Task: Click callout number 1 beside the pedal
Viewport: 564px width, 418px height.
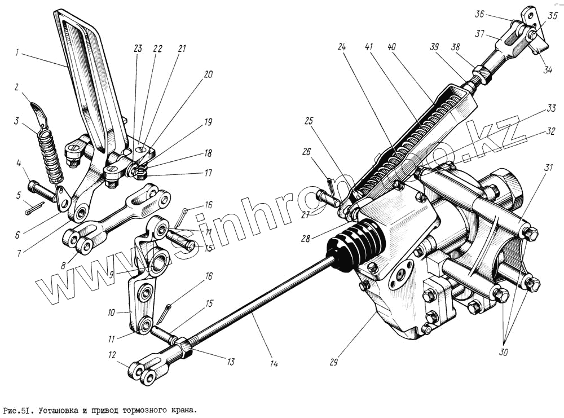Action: pos(18,54)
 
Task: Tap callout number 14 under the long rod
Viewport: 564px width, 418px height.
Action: pos(274,364)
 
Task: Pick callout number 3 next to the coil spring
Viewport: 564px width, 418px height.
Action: pos(17,121)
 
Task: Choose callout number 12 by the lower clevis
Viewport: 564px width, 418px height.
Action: pos(113,355)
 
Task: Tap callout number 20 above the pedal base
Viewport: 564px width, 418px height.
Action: pos(209,74)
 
